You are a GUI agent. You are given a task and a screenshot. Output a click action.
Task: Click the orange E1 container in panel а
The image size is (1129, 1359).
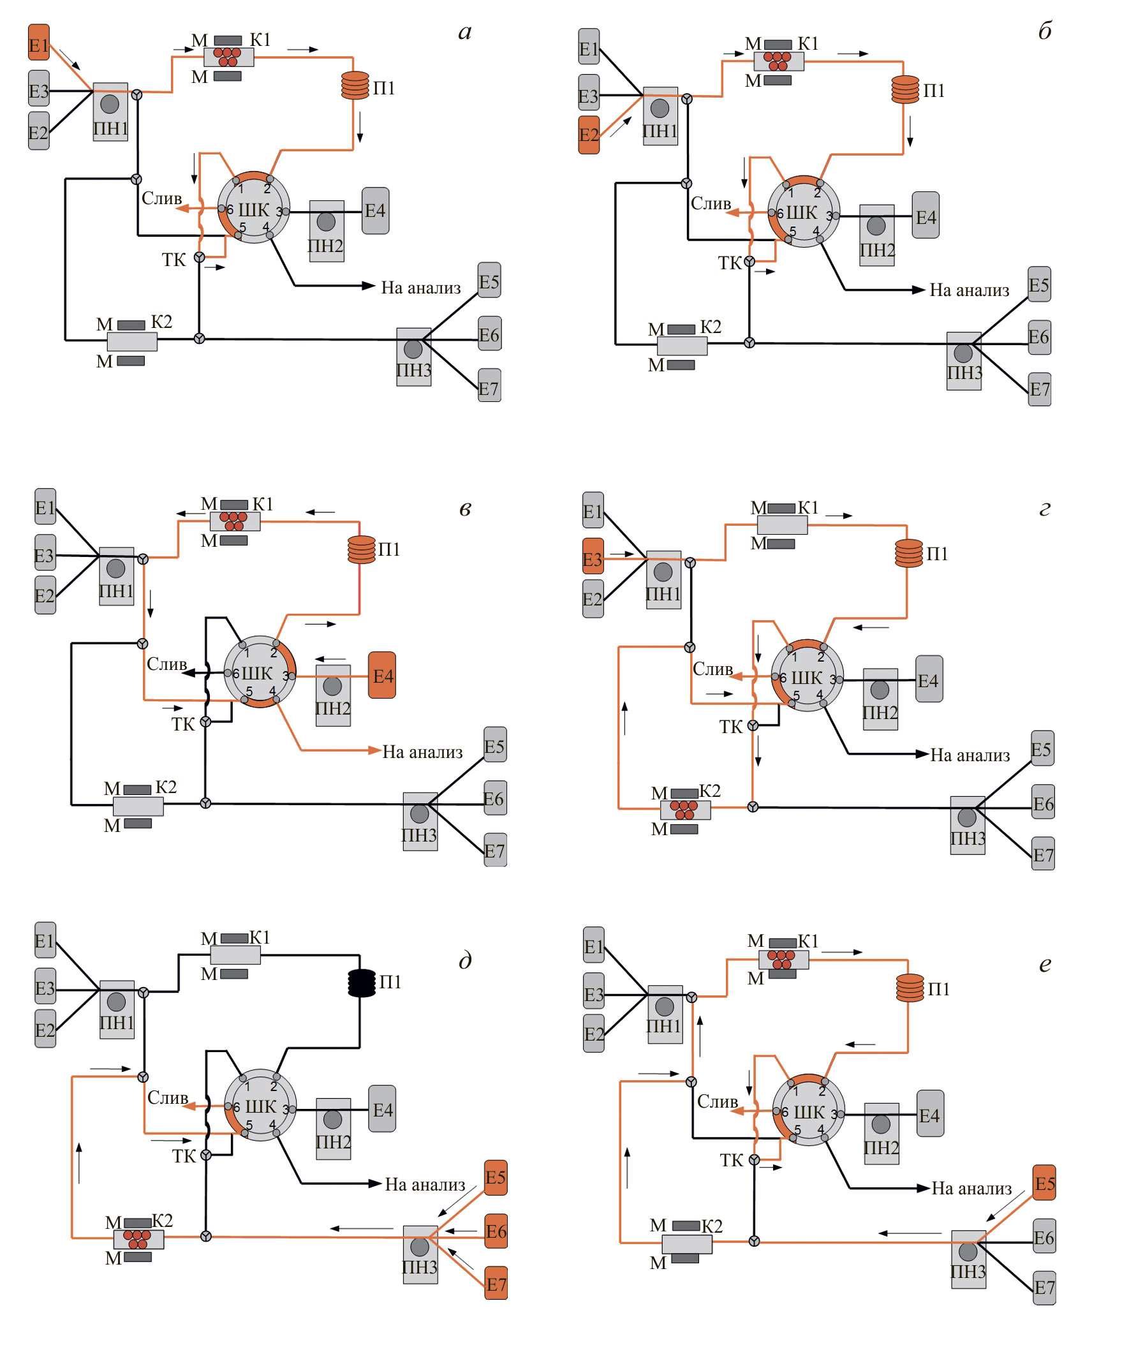coord(38,43)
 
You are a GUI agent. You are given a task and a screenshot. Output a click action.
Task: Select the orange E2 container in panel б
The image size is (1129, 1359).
coord(588,135)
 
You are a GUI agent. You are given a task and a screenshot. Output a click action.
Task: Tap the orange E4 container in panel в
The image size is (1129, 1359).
coord(381,675)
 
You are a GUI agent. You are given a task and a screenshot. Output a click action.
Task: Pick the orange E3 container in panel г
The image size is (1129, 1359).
coord(593,556)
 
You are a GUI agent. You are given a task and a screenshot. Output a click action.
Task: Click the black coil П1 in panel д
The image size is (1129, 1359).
coord(362,983)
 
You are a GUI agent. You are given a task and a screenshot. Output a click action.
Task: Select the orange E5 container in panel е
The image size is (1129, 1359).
coord(1044,1183)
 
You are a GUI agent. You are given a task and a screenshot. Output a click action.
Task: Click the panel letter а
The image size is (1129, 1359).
coord(464,32)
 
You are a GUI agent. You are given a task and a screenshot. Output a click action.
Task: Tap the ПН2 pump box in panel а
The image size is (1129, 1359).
coord(326,231)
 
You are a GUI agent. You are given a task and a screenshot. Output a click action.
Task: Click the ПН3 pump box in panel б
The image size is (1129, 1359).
coord(963,361)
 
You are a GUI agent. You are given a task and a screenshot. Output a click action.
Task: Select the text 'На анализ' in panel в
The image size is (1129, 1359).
coord(422,752)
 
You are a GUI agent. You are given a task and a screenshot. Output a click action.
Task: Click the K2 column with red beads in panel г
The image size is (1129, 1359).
coord(685,810)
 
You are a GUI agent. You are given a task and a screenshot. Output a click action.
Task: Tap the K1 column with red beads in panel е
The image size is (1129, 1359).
coord(783,960)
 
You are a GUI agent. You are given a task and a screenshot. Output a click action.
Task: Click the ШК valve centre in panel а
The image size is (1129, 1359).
coord(253,209)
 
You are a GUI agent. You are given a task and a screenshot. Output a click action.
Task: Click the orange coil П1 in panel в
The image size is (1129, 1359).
coord(362,549)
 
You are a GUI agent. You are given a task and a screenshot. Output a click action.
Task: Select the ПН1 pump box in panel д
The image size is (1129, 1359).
coord(117,1009)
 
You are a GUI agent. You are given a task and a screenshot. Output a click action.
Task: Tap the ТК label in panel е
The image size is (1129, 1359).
coord(731,1161)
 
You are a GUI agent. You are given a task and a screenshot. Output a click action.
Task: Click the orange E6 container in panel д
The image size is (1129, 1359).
coord(496,1231)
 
